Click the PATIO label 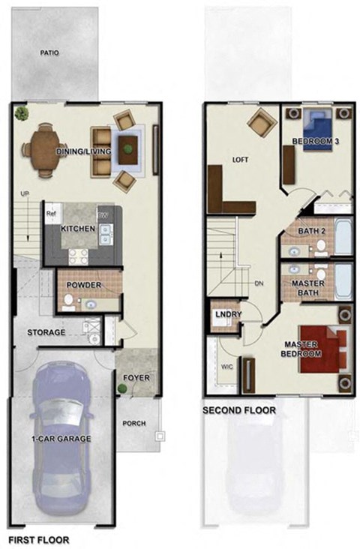(x=49, y=53)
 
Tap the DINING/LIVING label (x=84, y=152)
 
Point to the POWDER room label (x=82, y=286)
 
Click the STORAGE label (x=46, y=332)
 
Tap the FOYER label (x=137, y=377)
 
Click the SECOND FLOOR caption (x=239, y=410)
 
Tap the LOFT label (x=240, y=159)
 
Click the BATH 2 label (x=311, y=231)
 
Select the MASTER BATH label (x=310, y=286)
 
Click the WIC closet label (x=226, y=368)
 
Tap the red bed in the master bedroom (x=322, y=349)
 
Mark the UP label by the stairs (x=25, y=194)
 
